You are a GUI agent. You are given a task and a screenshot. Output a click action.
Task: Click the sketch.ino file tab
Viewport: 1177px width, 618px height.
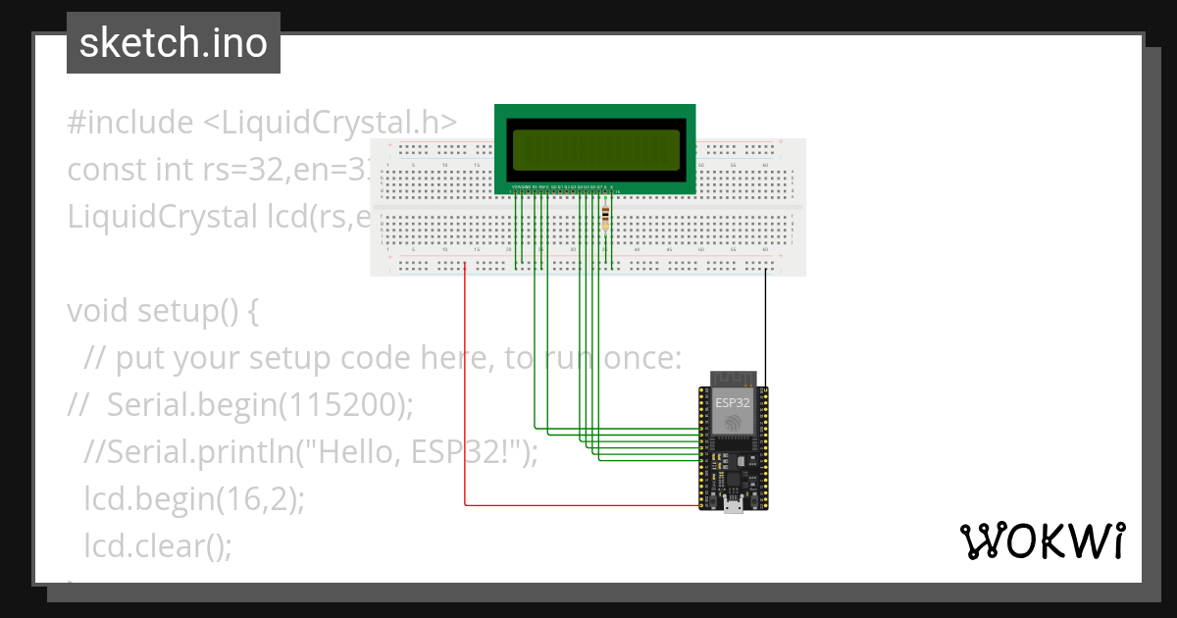174,43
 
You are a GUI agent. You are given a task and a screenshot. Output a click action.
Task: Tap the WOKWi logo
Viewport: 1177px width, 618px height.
1042,541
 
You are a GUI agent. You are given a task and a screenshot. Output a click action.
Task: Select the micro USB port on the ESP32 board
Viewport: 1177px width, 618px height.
733,506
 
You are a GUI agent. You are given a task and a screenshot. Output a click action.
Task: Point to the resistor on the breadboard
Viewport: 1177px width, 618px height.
606,218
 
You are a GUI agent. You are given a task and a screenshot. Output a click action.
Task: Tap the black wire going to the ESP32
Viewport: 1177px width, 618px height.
766,329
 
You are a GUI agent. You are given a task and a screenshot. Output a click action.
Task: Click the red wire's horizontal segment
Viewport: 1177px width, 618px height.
579,505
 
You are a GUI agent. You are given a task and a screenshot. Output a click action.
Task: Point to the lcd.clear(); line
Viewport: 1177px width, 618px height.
157,545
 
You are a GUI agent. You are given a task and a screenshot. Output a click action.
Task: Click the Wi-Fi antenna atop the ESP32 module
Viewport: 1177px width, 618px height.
734,380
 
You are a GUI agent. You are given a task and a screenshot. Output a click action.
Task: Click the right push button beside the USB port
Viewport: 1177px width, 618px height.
753,502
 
